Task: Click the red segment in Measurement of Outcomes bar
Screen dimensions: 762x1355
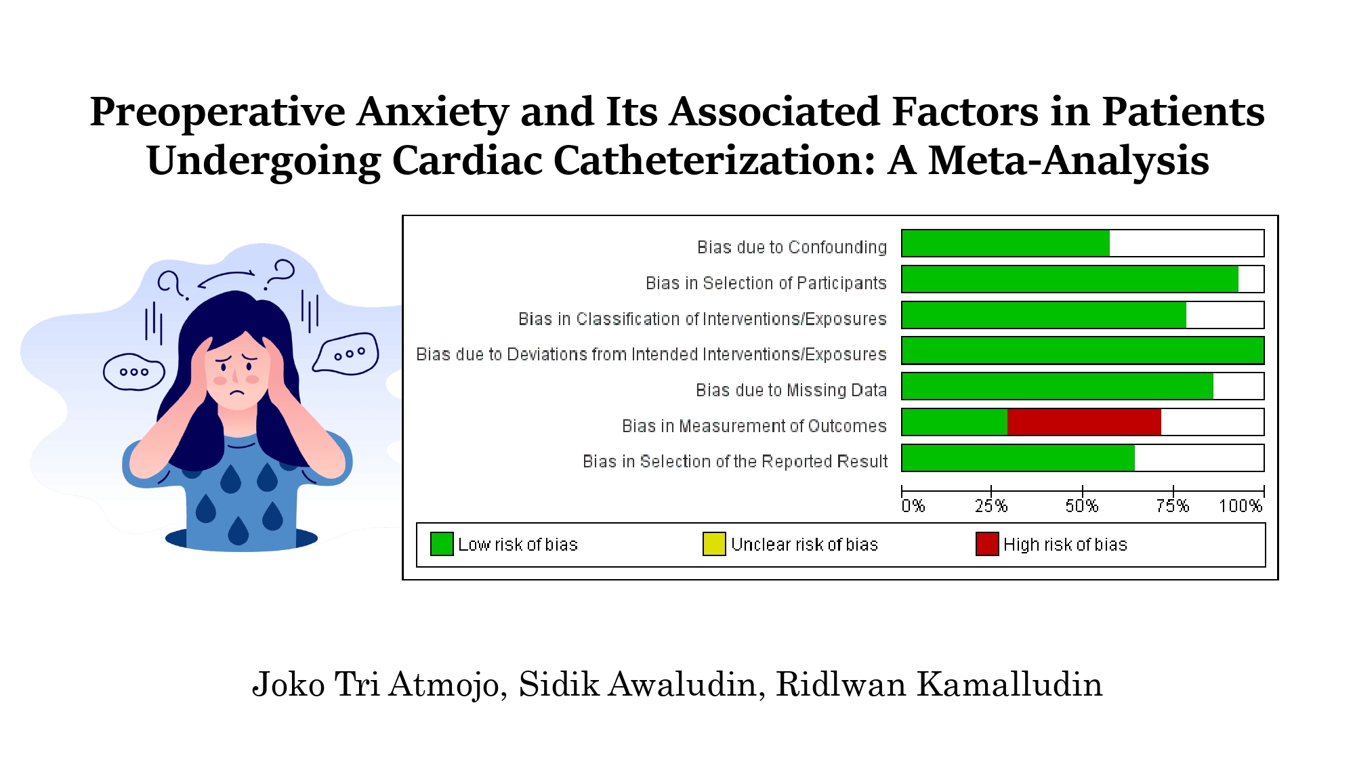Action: (1084, 422)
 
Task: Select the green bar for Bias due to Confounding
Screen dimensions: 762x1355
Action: (1005, 243)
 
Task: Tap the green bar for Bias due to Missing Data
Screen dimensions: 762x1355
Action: (1058, 386)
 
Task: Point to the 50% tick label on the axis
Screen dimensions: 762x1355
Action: (1082, 506)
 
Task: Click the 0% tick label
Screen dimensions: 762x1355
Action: (913, 506)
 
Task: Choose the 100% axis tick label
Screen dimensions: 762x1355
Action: (1241, 506)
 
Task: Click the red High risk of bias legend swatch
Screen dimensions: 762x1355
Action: (987, 544)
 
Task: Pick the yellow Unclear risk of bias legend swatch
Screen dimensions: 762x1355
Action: (714, 544)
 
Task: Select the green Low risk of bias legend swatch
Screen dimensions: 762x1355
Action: (442, 544)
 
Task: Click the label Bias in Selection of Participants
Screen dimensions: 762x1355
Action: (766, 283)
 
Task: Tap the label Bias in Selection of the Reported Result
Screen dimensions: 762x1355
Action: (735, 462)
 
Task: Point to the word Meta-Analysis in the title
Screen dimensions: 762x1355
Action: (1068, 161)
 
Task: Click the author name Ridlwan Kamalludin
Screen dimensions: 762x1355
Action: (939, 684)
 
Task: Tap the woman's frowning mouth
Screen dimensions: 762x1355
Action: (236, 393)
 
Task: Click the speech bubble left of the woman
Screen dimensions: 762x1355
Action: (133, 372)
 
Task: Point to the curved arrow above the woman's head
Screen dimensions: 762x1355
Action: (226, 278)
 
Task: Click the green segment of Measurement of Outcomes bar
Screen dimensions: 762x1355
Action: (955, 422)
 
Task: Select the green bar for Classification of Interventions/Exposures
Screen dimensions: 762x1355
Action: (1044, 315)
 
